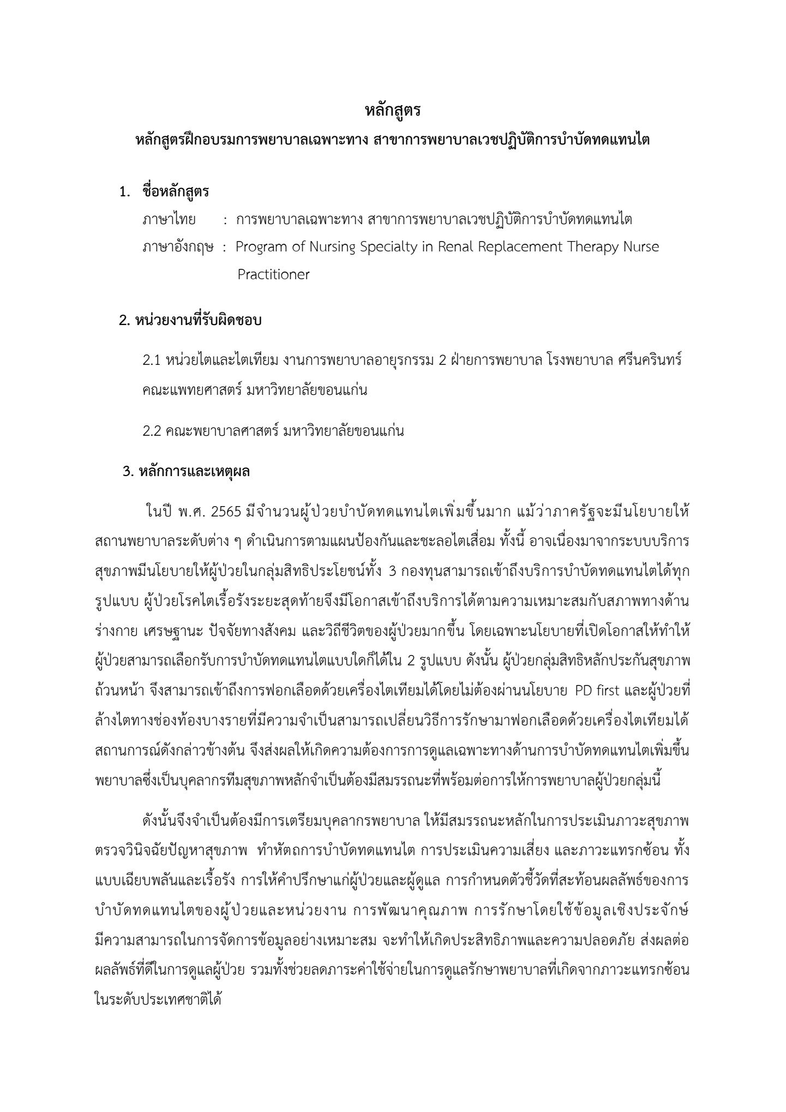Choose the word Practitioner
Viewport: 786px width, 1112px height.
pyautogui.click(x=273, y=274)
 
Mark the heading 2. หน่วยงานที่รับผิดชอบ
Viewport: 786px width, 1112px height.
pyautogui.click(x=190, y=321)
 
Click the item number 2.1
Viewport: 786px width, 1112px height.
pyautogui.click(x=151, y=362)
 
